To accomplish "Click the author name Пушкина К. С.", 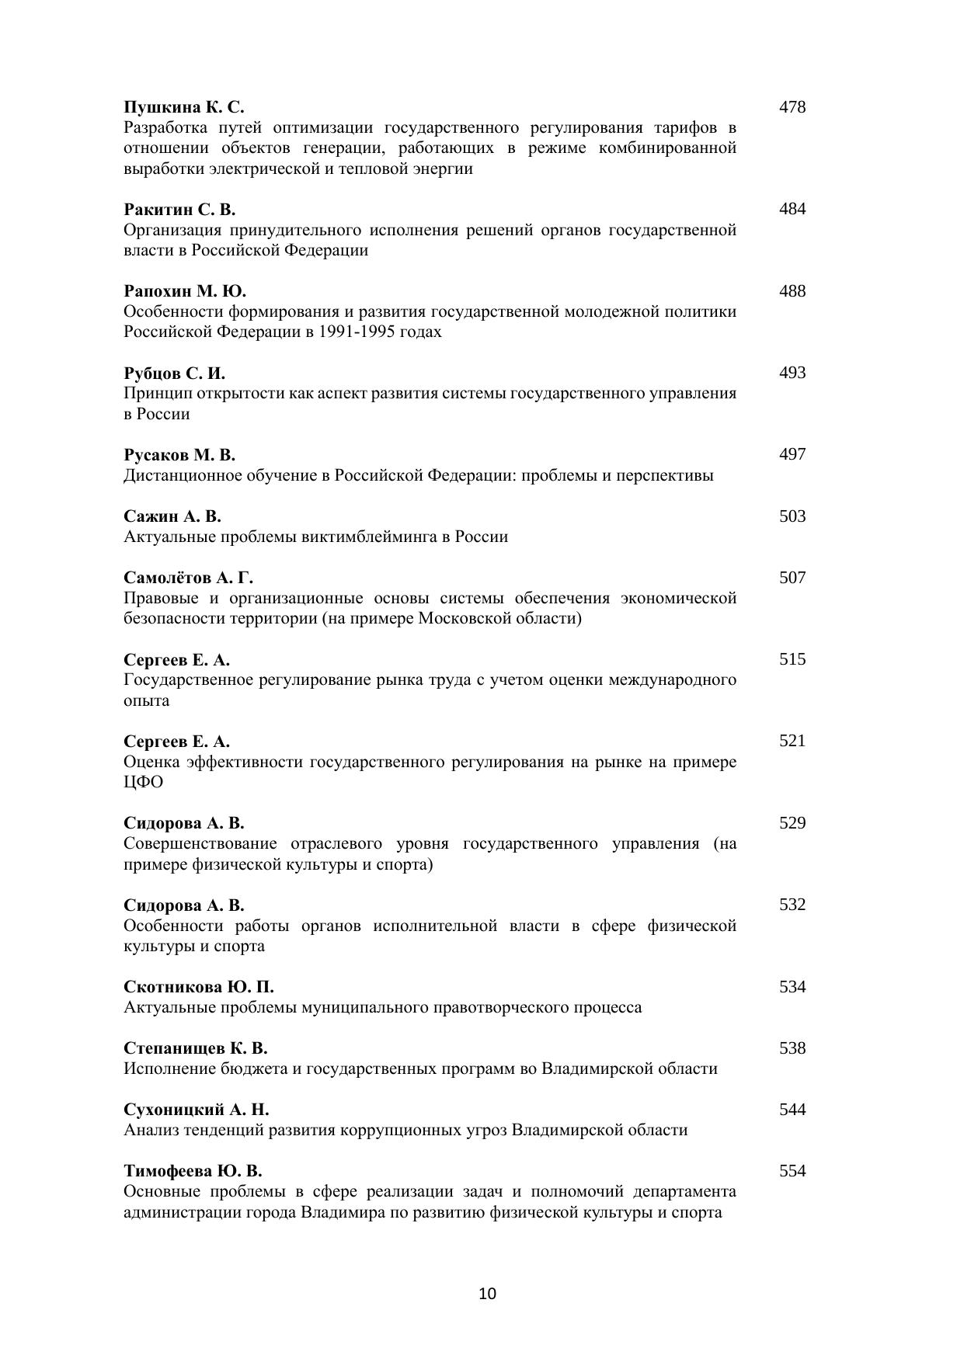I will coord(184,107).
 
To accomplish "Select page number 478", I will coord(792,107).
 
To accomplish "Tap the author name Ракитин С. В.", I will coord(179,210).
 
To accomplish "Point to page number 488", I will coord(792,291).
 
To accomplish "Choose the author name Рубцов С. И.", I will coord(175,373).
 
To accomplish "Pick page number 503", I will coord(792,516).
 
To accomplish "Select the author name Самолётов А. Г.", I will coord(189,578).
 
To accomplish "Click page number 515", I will coord(792,659).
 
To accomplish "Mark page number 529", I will coord(792,823).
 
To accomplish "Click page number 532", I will coord(792,905).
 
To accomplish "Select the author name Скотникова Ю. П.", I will coord(199,987).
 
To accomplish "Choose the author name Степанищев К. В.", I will coord(196,1048).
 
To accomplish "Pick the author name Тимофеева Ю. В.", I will coord(193,1171).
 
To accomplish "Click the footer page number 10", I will coord(488,1294).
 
